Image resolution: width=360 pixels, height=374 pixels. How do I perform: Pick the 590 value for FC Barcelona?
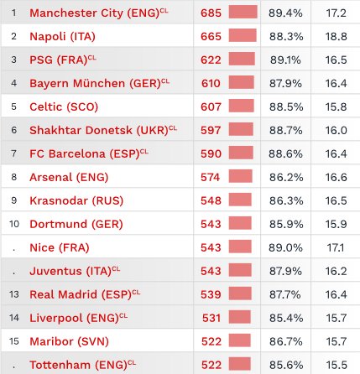(x=211, y=154)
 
